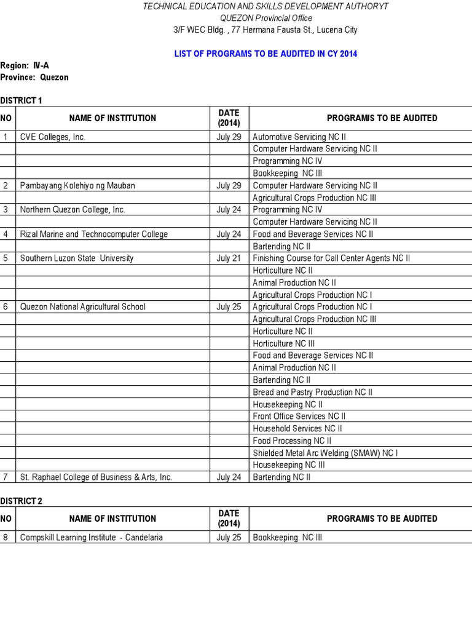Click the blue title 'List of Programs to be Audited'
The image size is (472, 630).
click(265, 54)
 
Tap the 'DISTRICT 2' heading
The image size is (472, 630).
click(22, 501)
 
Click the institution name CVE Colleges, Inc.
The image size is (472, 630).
click(52, 137)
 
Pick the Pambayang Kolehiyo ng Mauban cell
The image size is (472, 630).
click(77, 185)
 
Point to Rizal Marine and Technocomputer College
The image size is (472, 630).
click(93, 234)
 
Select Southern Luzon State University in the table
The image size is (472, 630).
click(77, 258)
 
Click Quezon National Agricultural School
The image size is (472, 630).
click(83, 306)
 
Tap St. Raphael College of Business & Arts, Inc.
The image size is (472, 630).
click(96, 477)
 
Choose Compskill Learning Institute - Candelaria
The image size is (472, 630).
click(92, 537)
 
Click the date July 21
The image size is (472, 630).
click(229, 258)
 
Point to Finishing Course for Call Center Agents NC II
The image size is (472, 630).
click(331, 258)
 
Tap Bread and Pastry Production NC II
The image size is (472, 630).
click(312, 392)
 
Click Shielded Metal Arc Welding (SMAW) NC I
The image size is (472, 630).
click(326, 453)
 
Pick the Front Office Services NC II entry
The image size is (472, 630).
click(299, 417)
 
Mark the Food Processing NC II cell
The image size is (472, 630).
click(292, 441)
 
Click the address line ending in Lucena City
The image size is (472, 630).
click(265, 30)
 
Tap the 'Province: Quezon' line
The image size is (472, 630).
click(34, 78)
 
